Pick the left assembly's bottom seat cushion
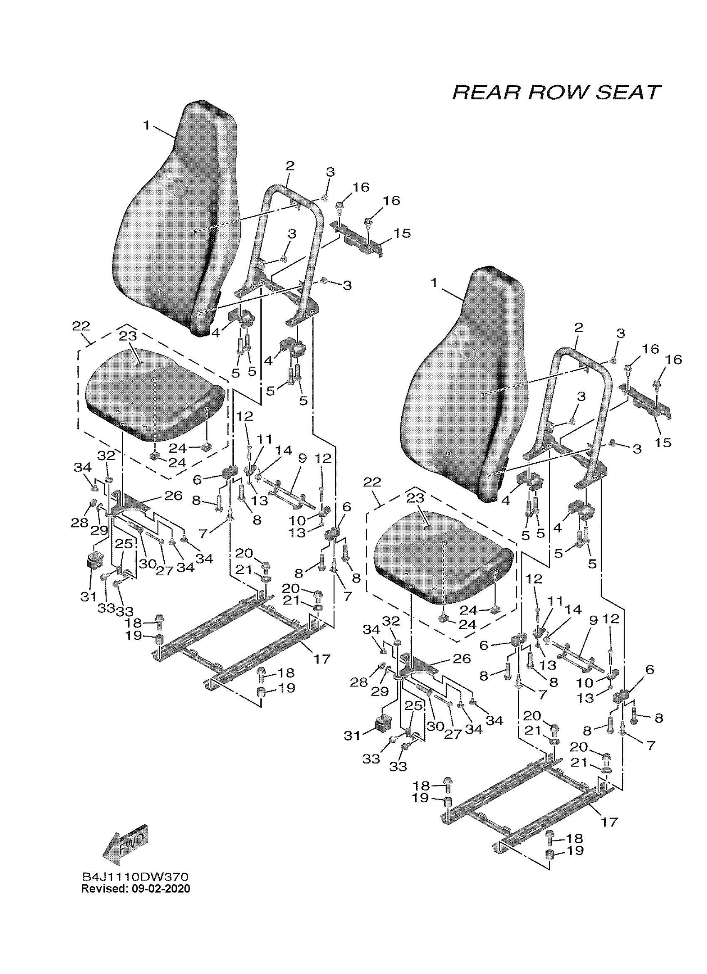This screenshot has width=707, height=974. [x=155, y=395]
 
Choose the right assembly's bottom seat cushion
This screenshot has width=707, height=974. [x=442, y=558]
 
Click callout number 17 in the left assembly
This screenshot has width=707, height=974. [x=322, y=658]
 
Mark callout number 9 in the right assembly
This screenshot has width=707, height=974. [x=593, y=620]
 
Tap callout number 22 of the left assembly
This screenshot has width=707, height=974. [x=81, y=326]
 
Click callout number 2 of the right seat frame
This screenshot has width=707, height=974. [x=578, y=327]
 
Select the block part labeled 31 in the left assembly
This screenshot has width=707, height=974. [x=95, y=560]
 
